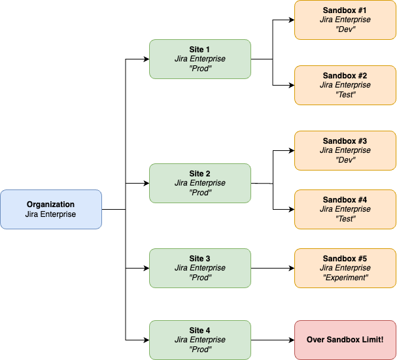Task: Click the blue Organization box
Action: (51, 209)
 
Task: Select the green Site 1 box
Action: (200, 59)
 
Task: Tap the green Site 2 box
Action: (200, 183)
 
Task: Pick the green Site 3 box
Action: (200, 268)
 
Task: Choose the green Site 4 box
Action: (200, 340)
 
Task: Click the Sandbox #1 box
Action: (345, 20)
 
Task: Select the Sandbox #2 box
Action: (345, 85)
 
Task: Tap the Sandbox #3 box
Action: (345, 150)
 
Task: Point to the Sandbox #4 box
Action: (345, 209)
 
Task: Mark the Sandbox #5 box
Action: (345, 268)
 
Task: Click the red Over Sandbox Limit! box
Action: (345, 340)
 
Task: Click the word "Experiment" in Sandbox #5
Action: (345, 278)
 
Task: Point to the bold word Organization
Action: (51, 205)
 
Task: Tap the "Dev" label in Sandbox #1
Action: (345, 29)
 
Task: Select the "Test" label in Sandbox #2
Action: (345, 95)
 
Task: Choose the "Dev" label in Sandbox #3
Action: (345, 160)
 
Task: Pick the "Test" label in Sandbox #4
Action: (345, 219)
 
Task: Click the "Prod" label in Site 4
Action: (200, 350)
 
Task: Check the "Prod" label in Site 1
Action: (200, 69)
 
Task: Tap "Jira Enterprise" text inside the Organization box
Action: (51, 214)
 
